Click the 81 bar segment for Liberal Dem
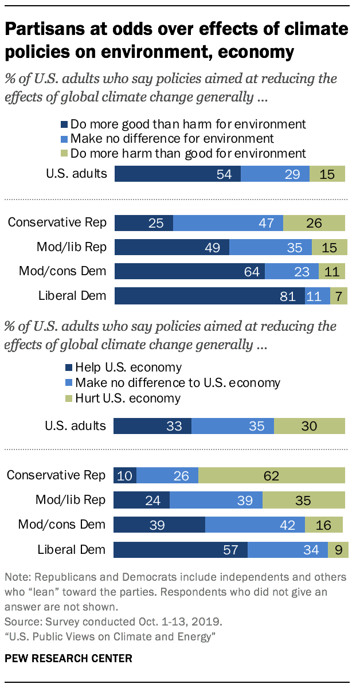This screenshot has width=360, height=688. tap(209, 296)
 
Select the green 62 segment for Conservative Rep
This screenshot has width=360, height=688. tap(272, 475)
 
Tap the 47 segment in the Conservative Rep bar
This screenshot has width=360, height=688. tap(228, 223)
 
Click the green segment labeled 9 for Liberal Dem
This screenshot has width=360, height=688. tap(338, 550)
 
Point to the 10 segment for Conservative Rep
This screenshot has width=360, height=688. tap(125, 475)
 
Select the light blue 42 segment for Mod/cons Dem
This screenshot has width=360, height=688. tap(255, 525)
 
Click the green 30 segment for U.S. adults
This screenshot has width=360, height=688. tap(310, 426)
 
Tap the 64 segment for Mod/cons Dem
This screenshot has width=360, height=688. tap(189, 272)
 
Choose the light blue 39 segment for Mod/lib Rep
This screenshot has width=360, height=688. tap(216, 500)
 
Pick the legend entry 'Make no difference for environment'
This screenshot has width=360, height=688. tap(167, 138)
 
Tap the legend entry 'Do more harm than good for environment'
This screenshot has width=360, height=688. tap(183, 153)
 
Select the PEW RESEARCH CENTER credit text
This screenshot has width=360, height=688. tap(69, 658)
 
